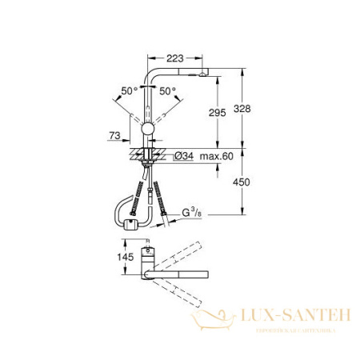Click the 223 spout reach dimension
pos(178,57)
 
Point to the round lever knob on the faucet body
pos(148,130)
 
